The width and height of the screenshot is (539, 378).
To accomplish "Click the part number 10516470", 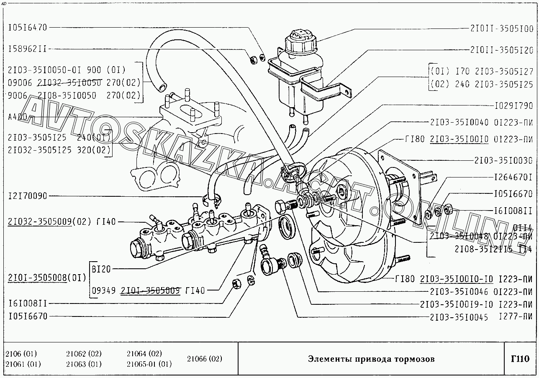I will (x=28, y=28).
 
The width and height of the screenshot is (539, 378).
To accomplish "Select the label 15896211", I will (x=28, y=49).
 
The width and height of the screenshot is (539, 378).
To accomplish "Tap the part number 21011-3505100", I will (x=502, y=29).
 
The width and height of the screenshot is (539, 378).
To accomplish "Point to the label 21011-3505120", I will (x=502, y=50).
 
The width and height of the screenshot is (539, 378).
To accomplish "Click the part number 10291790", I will (x=513, y=105).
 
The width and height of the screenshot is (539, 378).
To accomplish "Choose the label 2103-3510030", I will (x=503, y=160).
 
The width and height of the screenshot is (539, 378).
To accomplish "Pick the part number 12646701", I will (x=513, y=177).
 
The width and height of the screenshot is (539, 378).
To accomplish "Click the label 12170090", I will (x=28, y=196).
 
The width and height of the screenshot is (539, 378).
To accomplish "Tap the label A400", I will (x=17, y=117).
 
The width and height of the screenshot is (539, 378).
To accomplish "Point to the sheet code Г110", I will (x=520, y=359).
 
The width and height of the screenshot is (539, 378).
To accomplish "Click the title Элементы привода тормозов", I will (x=371, y=359).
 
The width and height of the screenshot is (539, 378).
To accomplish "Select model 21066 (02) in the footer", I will (x=205, y=359).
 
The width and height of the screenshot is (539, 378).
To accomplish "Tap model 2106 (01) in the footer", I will (x=21, y=354).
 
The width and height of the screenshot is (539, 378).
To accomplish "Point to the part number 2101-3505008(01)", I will (x=47, y=278).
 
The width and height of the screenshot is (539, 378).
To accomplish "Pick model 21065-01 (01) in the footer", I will (x=149, y=364).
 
